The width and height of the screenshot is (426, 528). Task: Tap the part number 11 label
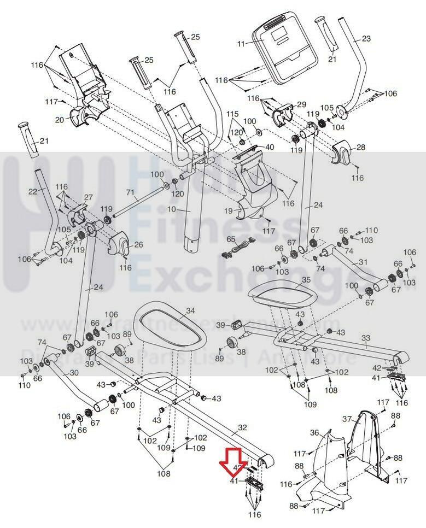[x=241, y=44]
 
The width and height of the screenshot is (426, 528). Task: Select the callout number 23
[x=366, y=38]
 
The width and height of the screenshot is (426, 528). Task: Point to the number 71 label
[x=130, y=193]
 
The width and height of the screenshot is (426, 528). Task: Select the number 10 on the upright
[x=186, y=210]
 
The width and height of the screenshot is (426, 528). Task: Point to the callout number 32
[x=242, y=428]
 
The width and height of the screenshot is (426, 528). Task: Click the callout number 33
[x=365, y=338]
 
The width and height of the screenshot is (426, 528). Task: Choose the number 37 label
[x=347, y=419]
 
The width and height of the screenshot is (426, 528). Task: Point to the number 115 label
[x=233, y=114]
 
